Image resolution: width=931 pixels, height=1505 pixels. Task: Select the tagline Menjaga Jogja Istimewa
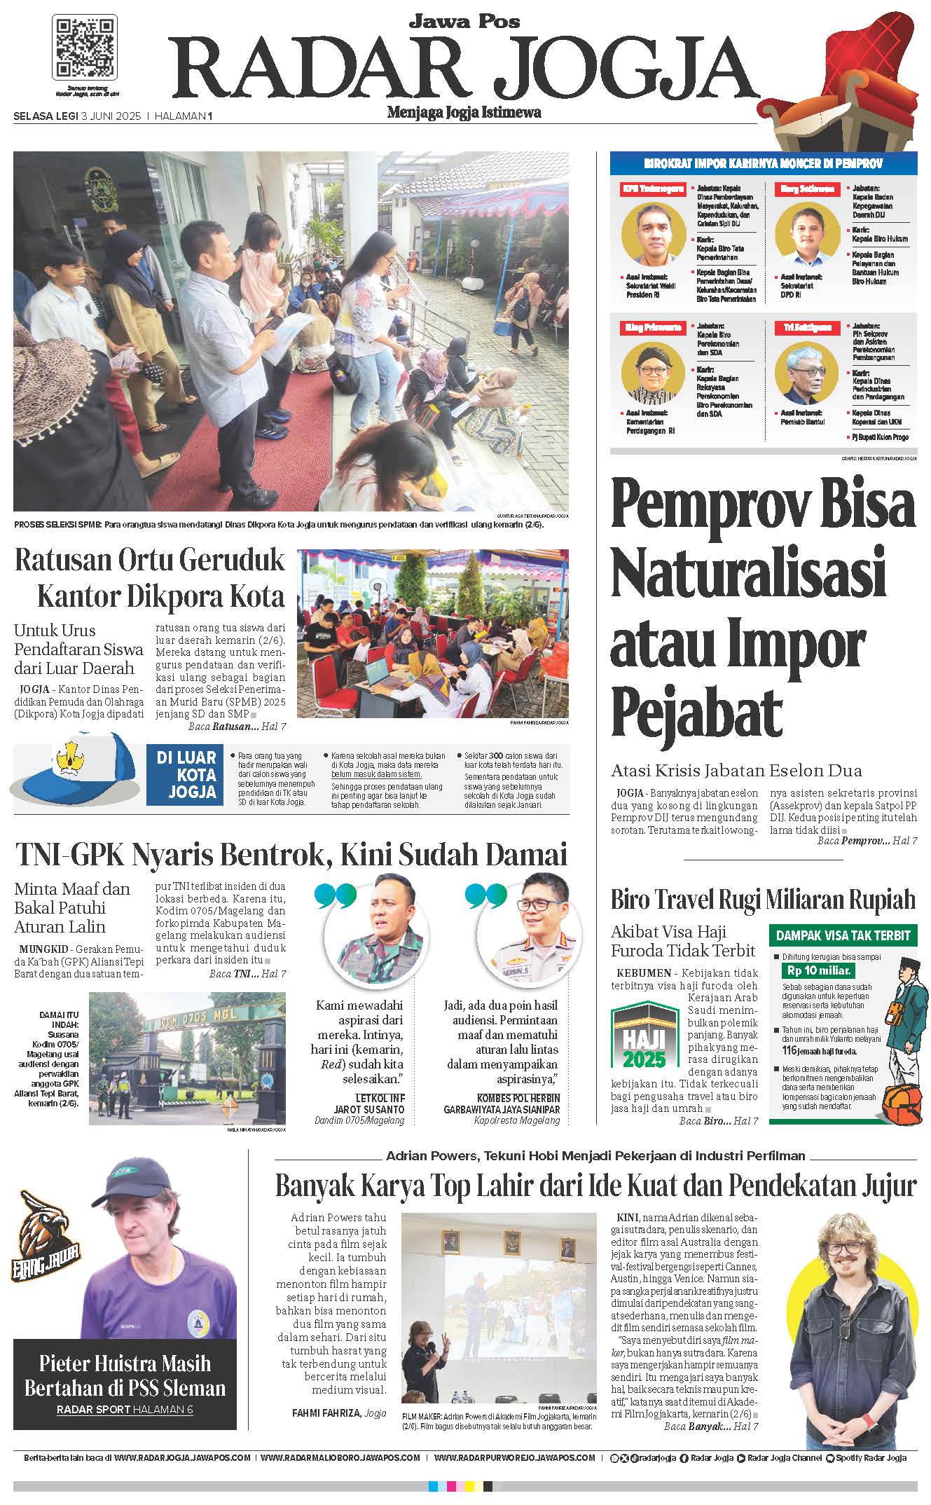464,112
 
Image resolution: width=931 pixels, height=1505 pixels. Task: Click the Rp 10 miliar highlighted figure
818,970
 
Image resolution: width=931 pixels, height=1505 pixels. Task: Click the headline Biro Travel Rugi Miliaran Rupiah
763,900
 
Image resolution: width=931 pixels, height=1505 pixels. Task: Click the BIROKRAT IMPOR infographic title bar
763,163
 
